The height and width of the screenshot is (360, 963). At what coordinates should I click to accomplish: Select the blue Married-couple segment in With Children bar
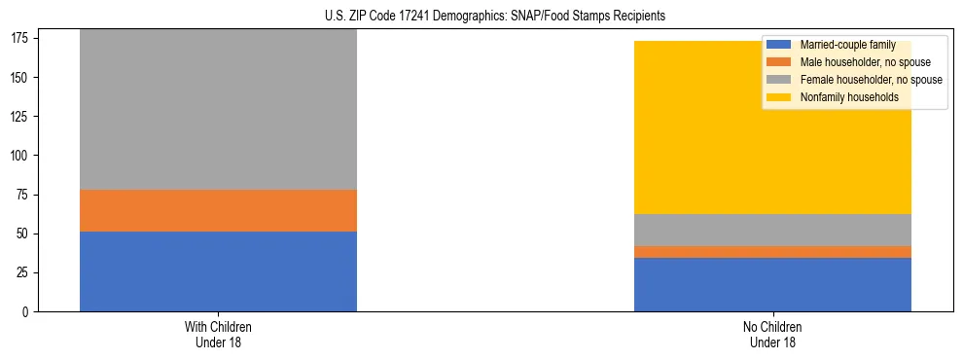point(218,271)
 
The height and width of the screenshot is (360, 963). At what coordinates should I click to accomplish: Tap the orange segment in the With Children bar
point(218,210)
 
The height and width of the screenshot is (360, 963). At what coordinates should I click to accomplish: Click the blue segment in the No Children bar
point(772,285)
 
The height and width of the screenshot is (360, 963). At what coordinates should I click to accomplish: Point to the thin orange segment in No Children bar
point(772,252)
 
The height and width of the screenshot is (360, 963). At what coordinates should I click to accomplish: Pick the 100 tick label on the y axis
point(25,156)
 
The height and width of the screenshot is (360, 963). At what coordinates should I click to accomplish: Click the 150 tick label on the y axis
point(25,78)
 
